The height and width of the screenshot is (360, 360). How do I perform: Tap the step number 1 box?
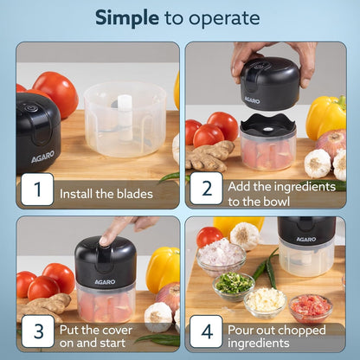35,189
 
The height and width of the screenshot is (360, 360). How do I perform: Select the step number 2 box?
206,189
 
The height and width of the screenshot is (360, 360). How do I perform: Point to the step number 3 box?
35,331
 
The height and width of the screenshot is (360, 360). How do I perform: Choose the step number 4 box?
206,331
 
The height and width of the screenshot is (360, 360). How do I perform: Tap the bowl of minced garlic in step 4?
265,299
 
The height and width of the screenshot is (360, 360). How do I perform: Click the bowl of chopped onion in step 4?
221,254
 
